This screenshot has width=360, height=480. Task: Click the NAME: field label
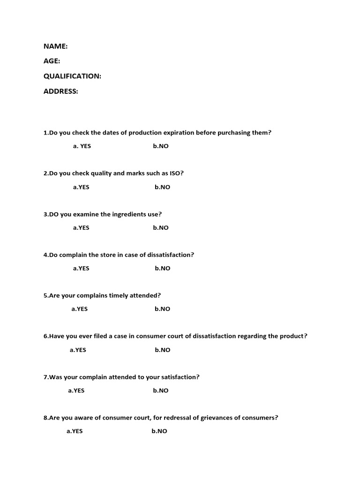tap(55, 46)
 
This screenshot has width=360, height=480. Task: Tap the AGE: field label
tap(52, 61)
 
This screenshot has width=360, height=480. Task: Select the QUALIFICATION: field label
tap(72, 76)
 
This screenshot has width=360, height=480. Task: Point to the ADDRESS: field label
tap(61, 91)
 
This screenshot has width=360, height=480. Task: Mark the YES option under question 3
tap(81, 228)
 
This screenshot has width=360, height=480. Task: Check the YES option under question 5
tap(80, 309)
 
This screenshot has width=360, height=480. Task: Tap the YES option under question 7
tap(76, 390)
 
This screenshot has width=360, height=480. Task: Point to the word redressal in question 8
tap(187, 418)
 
